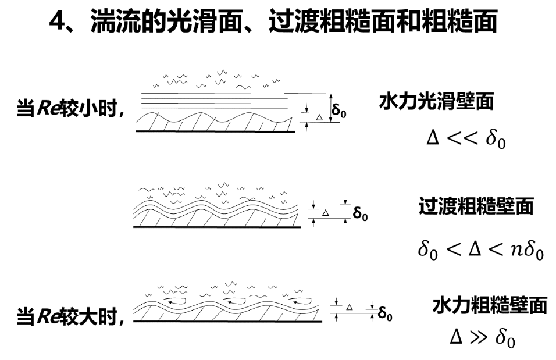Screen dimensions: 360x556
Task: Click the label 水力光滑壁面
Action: (436, 102)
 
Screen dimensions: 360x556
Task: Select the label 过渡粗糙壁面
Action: (476, 206)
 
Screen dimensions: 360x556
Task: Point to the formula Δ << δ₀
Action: (466, 138)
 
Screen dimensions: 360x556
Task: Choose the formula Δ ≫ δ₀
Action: (482, 337)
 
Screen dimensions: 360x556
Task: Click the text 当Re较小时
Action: (70, 108)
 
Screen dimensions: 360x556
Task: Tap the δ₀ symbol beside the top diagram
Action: (338, 110)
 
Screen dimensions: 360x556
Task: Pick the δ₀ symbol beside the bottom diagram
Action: (385, 314)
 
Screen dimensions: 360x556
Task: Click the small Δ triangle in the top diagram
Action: (319, 117)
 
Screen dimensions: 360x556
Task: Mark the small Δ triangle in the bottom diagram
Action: (350, 306)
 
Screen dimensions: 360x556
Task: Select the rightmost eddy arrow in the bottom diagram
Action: (301, 301)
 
